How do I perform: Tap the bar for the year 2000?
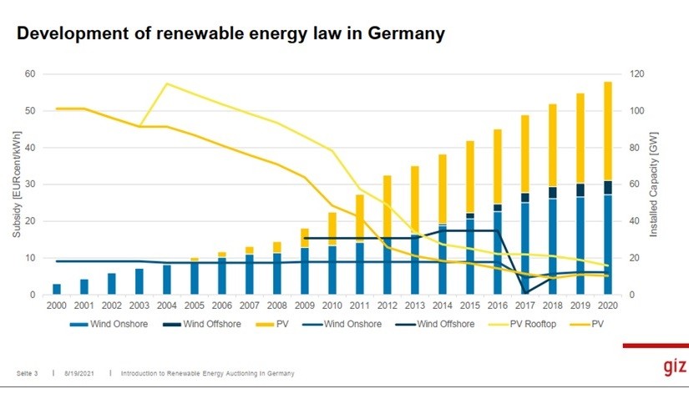[x=57, y=289]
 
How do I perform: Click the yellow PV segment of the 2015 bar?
[x=469, y=175]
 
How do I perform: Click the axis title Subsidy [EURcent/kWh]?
[x=17, y=184]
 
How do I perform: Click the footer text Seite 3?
[x=28, y=373]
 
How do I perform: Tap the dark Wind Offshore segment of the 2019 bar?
[x=580, y=189]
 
